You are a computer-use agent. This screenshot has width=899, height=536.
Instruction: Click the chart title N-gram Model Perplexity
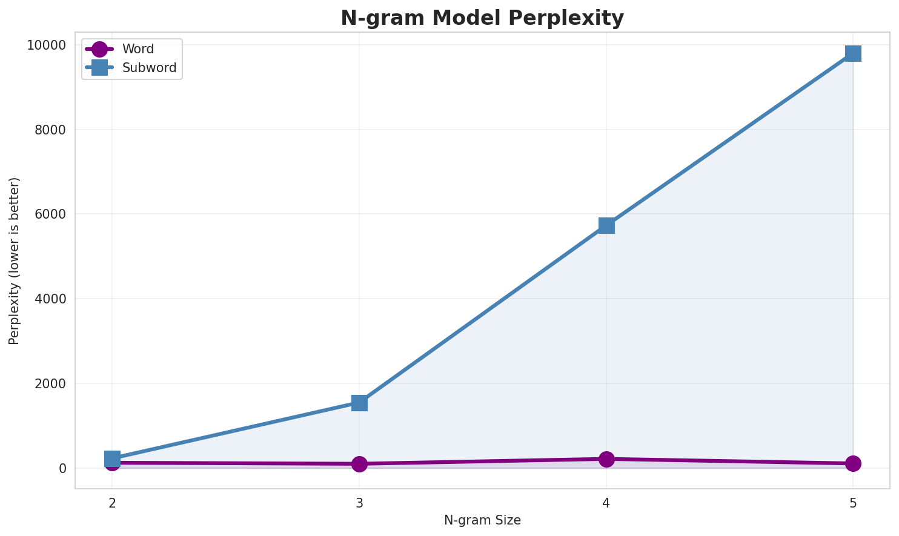point(482,18)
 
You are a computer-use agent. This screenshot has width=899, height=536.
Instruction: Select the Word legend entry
point(138,49)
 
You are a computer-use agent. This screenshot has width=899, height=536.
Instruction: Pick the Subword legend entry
point(149,68)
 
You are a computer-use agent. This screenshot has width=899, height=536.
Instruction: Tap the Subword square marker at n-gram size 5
point(853,53)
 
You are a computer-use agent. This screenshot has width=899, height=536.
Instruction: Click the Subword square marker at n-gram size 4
point(606,225)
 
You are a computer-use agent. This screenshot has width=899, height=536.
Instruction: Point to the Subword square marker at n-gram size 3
point(359,403)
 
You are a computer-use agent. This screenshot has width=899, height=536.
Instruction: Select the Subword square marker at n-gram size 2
point(112,458)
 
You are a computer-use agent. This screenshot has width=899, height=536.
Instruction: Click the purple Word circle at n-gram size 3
point(359,464)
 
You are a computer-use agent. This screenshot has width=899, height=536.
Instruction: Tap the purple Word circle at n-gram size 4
point(606,459)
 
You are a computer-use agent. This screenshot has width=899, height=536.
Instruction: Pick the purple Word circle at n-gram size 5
point(853,463)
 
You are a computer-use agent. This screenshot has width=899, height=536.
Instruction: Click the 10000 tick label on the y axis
point(45,45)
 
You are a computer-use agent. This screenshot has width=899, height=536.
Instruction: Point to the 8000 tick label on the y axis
point(49,130)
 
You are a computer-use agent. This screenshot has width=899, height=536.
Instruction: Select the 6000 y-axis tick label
point(49,214)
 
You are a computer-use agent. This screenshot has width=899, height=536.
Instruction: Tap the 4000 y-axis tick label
point(49,299)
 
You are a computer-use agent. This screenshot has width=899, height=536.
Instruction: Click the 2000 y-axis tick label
point(49,384)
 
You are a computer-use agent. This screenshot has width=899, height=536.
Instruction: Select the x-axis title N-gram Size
point(482,520)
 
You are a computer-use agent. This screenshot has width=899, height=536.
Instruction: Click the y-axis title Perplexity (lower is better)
point(15,261)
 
